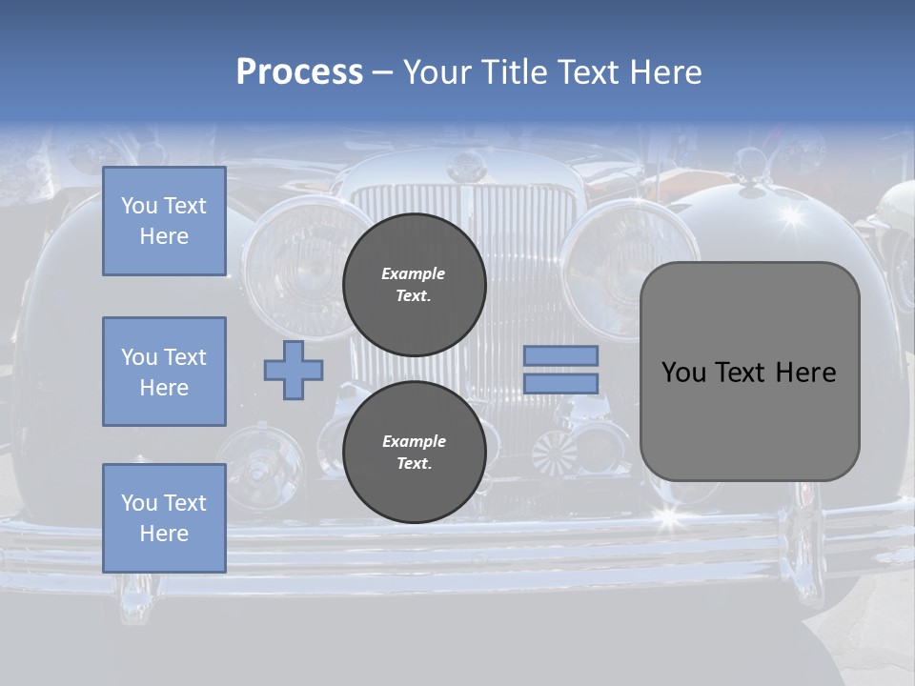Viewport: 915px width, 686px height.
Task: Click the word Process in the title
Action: pyautogui.click(x=299, y=72)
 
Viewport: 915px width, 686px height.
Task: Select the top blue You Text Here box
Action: pyautogui.click(x=164, y=221)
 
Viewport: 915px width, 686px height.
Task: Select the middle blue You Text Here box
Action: pyautogui.click(x=164, y=372)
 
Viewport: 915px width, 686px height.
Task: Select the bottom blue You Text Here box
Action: pyautogui.click(x=164, y=517)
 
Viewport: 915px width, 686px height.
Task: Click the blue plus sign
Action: pyautogui.click(x=294, y=370)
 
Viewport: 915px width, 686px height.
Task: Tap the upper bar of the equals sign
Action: pyautogui.click(x=560, y=355)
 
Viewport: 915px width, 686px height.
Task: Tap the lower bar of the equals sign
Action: pyautogui.click(x=560, y=383)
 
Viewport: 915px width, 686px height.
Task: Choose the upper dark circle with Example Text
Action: pyautogui.click(x=414, y=284)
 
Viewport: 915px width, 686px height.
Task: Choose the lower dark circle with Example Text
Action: pyautogui.click(x=414, y=452)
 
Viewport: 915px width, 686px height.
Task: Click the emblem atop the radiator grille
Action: pyautogui.click(x=464, y=169)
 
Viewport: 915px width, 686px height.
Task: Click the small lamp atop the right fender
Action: pyautogui.click(x=753, y=164)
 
